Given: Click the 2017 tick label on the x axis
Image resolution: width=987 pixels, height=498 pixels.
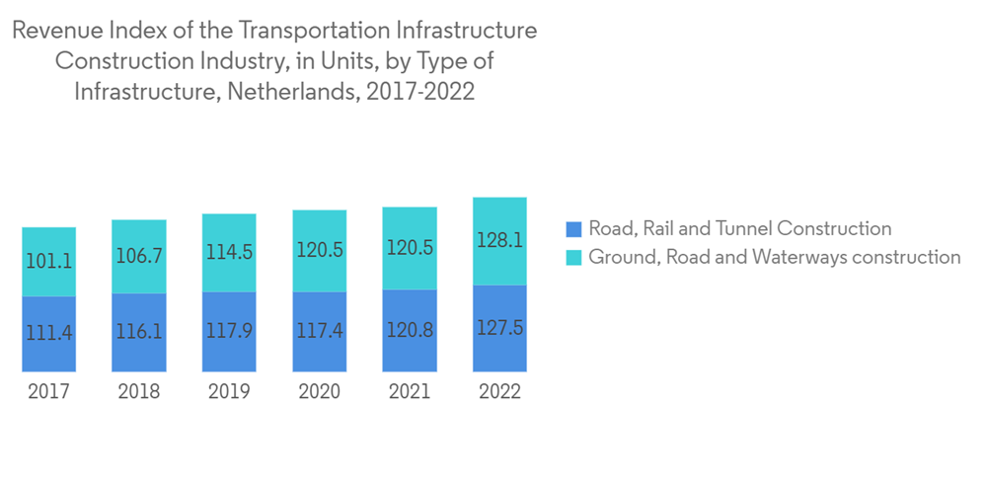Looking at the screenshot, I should pos(48,391).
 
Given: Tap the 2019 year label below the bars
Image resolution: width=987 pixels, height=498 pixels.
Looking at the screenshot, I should pos(229,391).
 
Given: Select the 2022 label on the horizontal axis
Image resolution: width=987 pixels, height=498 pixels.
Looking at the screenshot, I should pos(499,391).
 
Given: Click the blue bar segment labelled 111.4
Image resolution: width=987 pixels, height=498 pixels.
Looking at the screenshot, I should pos(48,333).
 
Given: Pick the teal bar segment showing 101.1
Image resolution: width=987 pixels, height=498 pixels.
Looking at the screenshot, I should pos(48,262).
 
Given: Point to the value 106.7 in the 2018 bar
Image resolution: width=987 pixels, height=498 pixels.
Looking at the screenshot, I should pos(139,257).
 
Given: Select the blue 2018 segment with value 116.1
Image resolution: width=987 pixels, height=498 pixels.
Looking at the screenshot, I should pos(139,332).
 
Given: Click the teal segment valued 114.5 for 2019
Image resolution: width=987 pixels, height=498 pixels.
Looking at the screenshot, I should pos(229,252).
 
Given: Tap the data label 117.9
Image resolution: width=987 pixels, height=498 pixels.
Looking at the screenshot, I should pos(229,331).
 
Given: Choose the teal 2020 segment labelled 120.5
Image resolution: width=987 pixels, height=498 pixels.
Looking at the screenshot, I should pos(319,250).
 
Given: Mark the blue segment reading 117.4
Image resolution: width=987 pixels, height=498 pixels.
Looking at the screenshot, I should pos(319,331).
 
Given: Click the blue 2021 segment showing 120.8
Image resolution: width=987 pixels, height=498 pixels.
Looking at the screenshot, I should pos(410,330).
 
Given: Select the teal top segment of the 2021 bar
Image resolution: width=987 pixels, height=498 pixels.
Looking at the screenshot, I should pos(410,248).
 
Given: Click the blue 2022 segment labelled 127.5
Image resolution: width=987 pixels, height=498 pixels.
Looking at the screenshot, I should pos(499,328).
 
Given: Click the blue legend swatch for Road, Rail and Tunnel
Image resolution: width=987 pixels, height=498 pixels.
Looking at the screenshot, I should pos(574,229).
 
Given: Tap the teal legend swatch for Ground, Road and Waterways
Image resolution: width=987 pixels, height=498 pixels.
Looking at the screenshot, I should pos(574,258).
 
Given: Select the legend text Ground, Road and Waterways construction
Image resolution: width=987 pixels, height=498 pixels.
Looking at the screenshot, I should pos(774,258).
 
